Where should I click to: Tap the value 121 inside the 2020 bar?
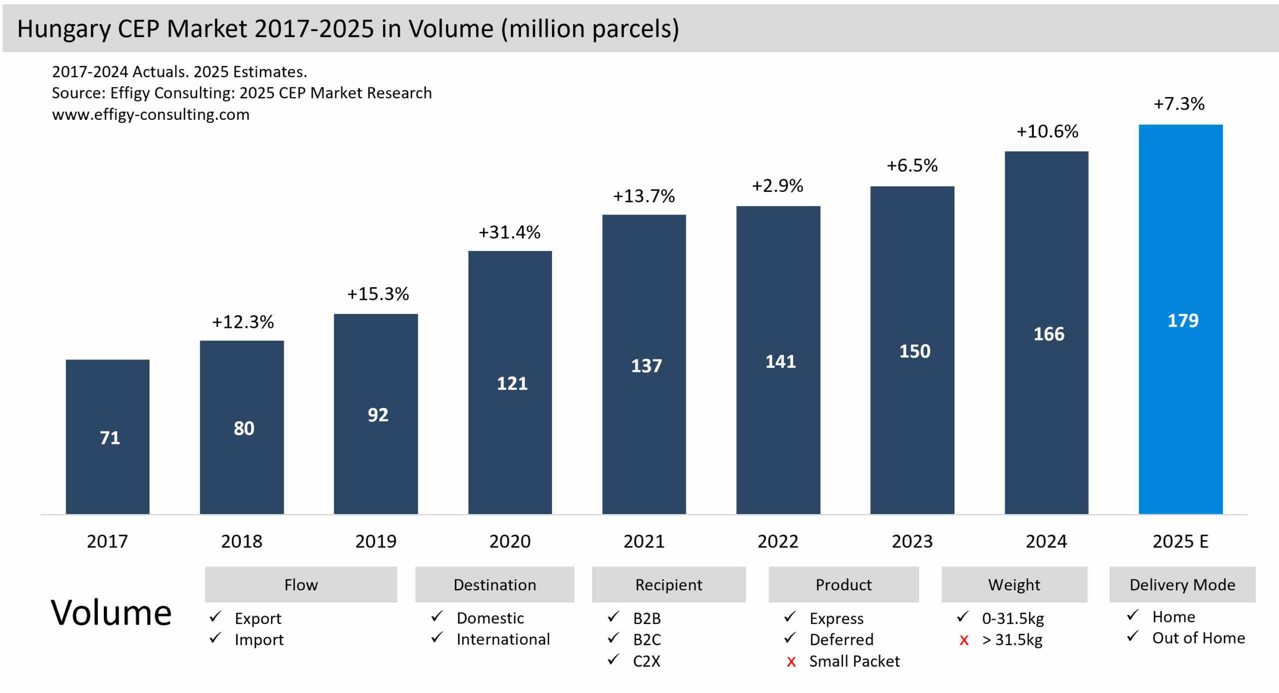512,383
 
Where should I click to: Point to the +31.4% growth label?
509,232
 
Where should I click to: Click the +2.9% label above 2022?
777,186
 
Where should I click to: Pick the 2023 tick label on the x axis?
912,541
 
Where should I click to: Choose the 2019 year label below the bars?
376,541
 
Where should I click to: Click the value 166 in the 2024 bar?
1048,334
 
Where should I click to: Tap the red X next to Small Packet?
791,662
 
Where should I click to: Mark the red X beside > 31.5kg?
964,640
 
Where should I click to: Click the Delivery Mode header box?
1182,584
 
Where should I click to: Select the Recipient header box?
668,584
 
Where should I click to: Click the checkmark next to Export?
215,617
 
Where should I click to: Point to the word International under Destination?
503,639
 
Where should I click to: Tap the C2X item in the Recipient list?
646,661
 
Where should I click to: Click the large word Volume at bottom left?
111,613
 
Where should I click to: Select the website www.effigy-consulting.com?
150,114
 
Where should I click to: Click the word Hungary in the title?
64,29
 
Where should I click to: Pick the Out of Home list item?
1198,638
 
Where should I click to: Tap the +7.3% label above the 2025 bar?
1178,104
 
